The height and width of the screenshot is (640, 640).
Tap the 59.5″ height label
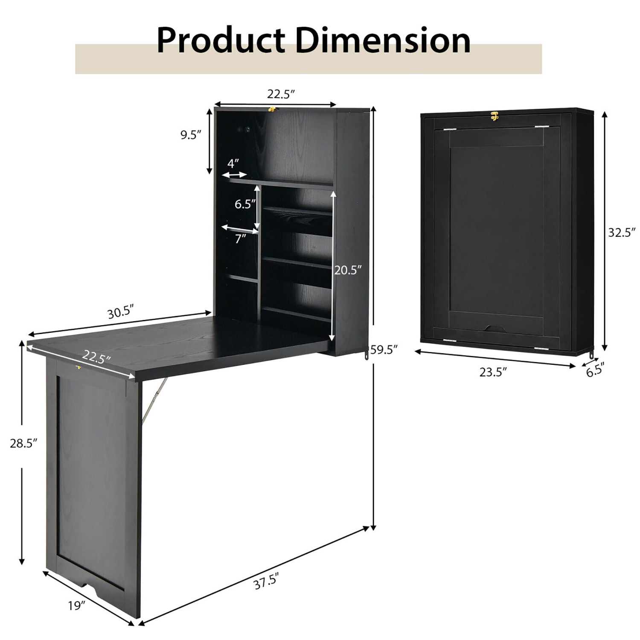click(384, 350)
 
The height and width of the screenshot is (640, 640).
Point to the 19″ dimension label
click(77, 605)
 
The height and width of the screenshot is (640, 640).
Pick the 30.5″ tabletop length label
click(121, 312)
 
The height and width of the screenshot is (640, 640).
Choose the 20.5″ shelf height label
click(348, 270)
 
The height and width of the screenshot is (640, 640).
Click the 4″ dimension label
click(233, 163)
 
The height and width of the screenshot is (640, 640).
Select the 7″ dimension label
click(241, 239)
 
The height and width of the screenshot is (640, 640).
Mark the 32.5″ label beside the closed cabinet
click(622, 232)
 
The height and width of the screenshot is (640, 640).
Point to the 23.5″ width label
click(493, 372)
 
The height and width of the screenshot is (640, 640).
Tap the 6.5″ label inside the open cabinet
click(244, 204)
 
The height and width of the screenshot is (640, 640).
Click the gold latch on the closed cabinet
click(495, 116)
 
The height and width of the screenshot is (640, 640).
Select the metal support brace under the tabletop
click(154, 399)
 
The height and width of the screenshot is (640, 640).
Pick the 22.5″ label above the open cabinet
click(281, 94)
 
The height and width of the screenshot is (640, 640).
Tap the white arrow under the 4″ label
click(234, 175)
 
